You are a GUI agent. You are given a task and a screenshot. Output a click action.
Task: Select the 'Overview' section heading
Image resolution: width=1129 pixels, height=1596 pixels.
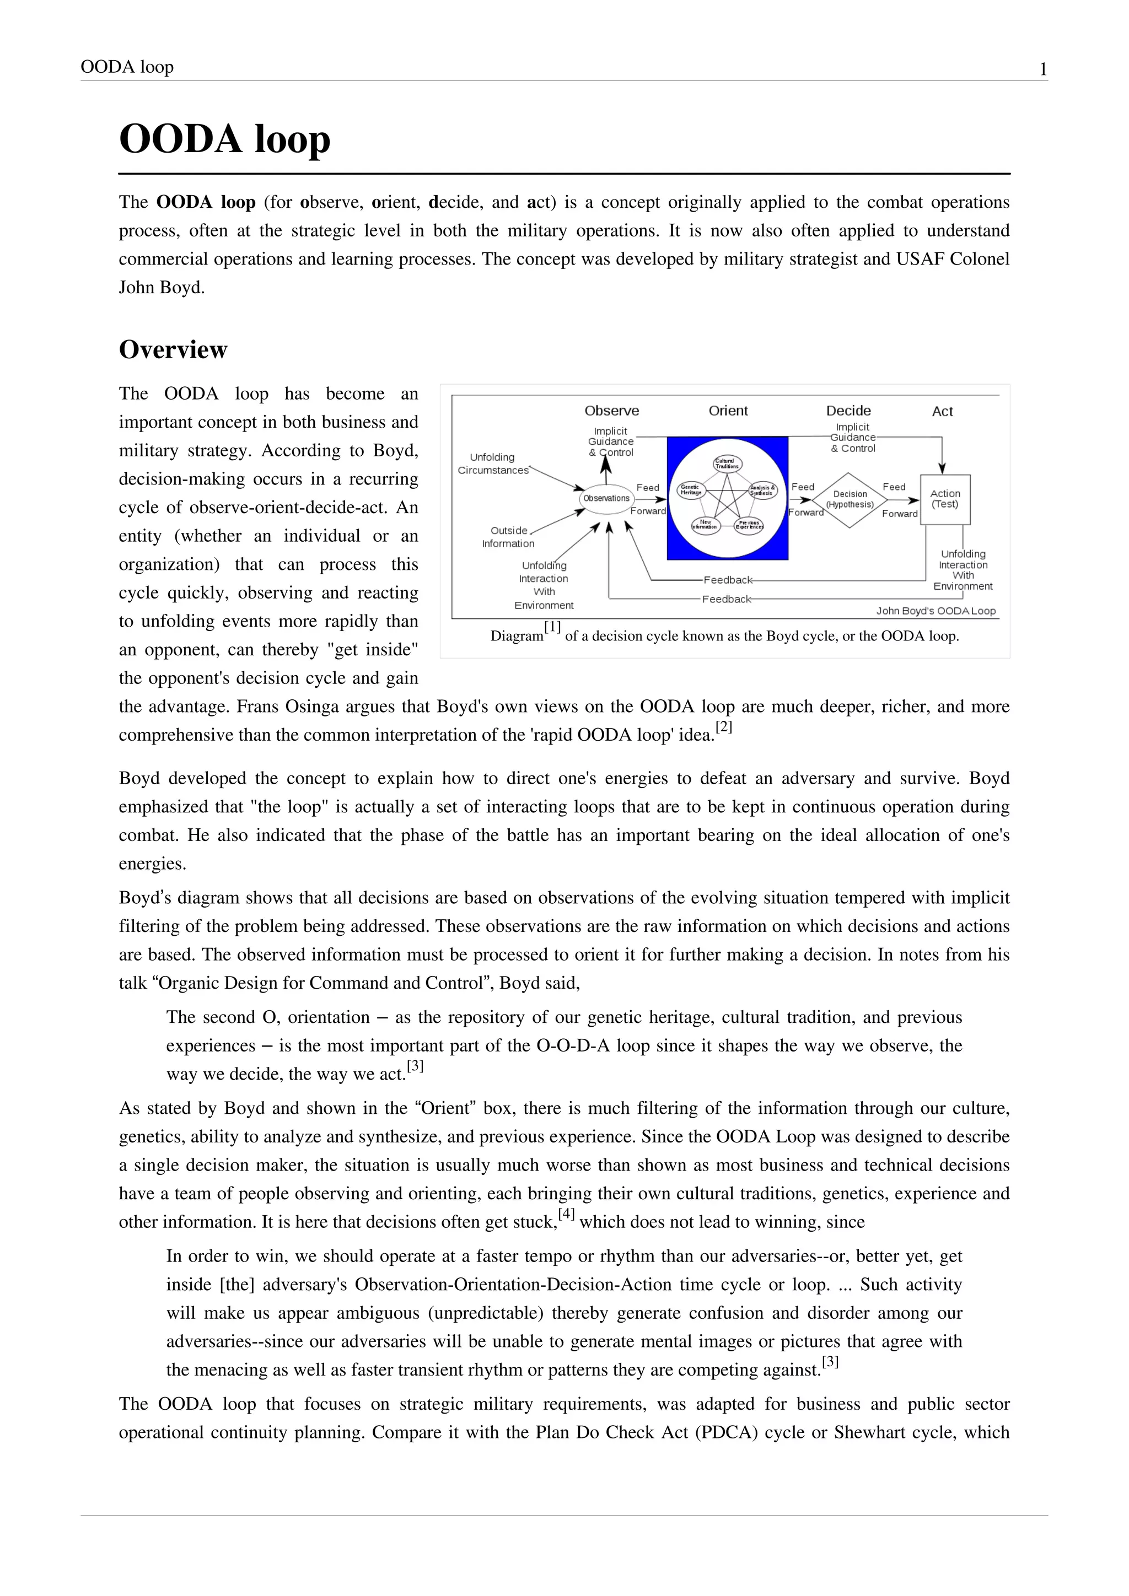pos(173,349)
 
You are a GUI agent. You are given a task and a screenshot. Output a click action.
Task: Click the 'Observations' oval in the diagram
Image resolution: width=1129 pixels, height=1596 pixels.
pos(606,498)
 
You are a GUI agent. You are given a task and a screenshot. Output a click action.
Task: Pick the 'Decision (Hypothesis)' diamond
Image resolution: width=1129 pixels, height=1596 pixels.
pos(850,500)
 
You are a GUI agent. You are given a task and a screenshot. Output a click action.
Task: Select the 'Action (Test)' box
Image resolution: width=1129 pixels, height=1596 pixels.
pos(945,499)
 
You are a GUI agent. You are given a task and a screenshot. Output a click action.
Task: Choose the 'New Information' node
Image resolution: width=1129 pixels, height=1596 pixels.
pos(705,525)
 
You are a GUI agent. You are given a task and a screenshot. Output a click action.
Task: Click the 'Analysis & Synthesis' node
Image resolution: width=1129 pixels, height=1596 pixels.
pos(762,490)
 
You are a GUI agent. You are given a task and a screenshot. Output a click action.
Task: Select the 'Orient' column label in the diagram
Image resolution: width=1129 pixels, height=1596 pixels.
pos(728,411)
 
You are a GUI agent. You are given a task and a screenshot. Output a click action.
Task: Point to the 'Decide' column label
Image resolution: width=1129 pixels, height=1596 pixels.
pos(848,411)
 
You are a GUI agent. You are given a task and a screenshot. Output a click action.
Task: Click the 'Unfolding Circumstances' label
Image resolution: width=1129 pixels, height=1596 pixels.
pos(492,463)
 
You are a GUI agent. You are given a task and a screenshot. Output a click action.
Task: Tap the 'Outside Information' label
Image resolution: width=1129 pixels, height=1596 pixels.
pos(508,537)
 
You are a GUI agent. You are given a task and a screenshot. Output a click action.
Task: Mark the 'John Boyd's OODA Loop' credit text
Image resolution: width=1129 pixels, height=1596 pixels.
pos(936,611)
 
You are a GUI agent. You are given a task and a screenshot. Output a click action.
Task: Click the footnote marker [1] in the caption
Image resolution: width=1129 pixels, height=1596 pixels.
pos(553,627)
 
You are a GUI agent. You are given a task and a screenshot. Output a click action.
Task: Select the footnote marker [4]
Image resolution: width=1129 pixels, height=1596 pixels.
pos(567,1214)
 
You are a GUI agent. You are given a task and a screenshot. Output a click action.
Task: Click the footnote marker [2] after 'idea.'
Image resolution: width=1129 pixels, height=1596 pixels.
pos(724,727)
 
